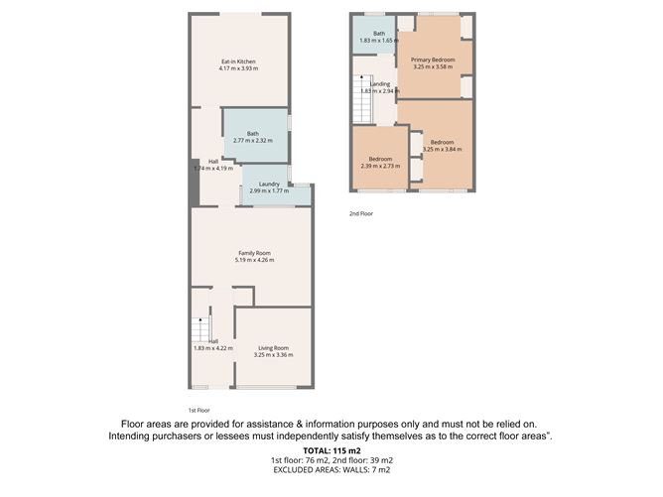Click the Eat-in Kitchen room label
click(239, 62)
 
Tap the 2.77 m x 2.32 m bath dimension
click(253, 141)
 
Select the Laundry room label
click(268, 184)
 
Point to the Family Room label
click(254, 253)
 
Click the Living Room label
click(273, 347)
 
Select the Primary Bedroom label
click(433, 61)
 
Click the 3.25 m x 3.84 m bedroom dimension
click(443, 149)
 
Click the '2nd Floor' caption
click(360, 213)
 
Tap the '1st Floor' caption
click(199, 410)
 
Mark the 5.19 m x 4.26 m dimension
click(254, 260)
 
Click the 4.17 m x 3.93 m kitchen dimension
click(239, 68)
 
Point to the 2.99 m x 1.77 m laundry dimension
click(268, 190)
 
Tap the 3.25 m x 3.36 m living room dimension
click(273, 354)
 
